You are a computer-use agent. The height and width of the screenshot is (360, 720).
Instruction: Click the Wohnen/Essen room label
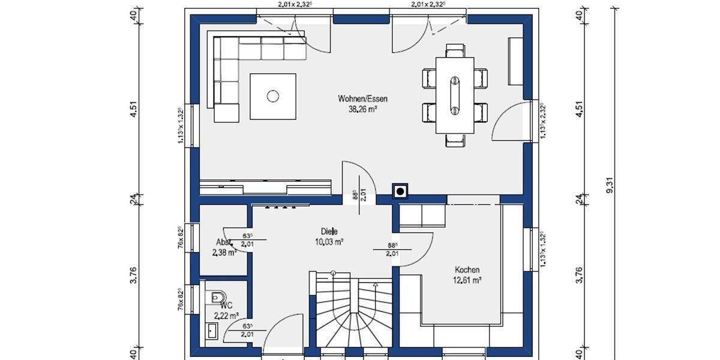pyautogui.click(x=358, y=98)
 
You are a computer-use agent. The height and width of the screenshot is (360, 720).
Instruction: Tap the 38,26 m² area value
pyautogui.click(x=358, y=109)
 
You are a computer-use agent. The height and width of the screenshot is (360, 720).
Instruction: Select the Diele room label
pyautogui.click(x=329, y=231)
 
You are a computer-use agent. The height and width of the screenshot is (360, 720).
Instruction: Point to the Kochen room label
pyautogui.click(x=467, y=270)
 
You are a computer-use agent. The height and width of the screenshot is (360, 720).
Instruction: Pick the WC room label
pyautogui.click(x=226, y=305)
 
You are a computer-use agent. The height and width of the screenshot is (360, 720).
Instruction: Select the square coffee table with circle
pyautogui.click(x=273, y=96)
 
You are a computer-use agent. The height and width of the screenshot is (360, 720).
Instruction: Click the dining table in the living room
pyautogui.click(x=454, y=95)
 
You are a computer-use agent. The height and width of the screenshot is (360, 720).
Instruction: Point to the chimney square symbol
pyautogui.click(x=400, y=191)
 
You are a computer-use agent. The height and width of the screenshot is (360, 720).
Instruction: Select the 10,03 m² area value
pyautogui.click(x=329, y=242)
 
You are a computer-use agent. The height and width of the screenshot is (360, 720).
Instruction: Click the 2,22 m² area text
pyautogui.click(x=226, y=315)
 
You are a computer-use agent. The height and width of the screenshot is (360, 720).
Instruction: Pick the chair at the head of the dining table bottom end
pyautogui.click(x=454, y=139)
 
